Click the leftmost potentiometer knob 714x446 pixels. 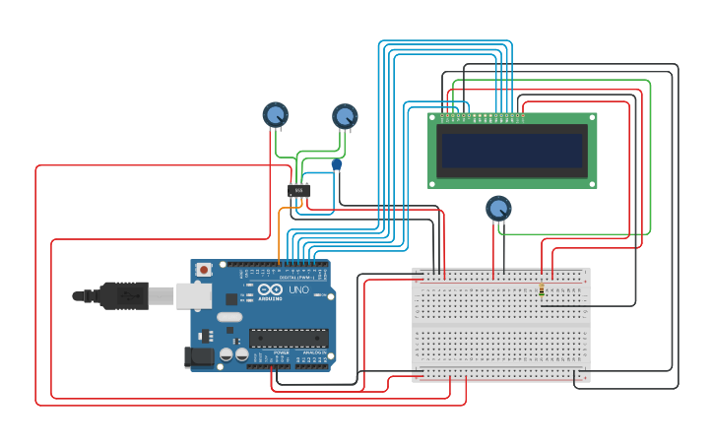click(x=275, y=115)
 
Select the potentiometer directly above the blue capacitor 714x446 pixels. click(x=344, y=117)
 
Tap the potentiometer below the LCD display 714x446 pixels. click(x=498, y=209)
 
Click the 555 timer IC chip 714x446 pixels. click(x=299, y=189)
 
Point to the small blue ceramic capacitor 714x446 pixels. click(x=336, y=164)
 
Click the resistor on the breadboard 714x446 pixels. click(x=542, y=290)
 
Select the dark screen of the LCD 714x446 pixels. click(x=511, y=151)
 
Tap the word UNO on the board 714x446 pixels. click(x=297, y=289)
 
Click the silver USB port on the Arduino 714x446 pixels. click(x=194, y=294)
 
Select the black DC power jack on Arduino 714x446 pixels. click(x=199, y=357)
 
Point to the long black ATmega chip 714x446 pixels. click(x=288, y=338)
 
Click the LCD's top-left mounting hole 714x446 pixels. click(x=433, y=118)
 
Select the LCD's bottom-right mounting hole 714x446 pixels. click(x=591, y=183)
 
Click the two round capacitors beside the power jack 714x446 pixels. click(x=233, y=354)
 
